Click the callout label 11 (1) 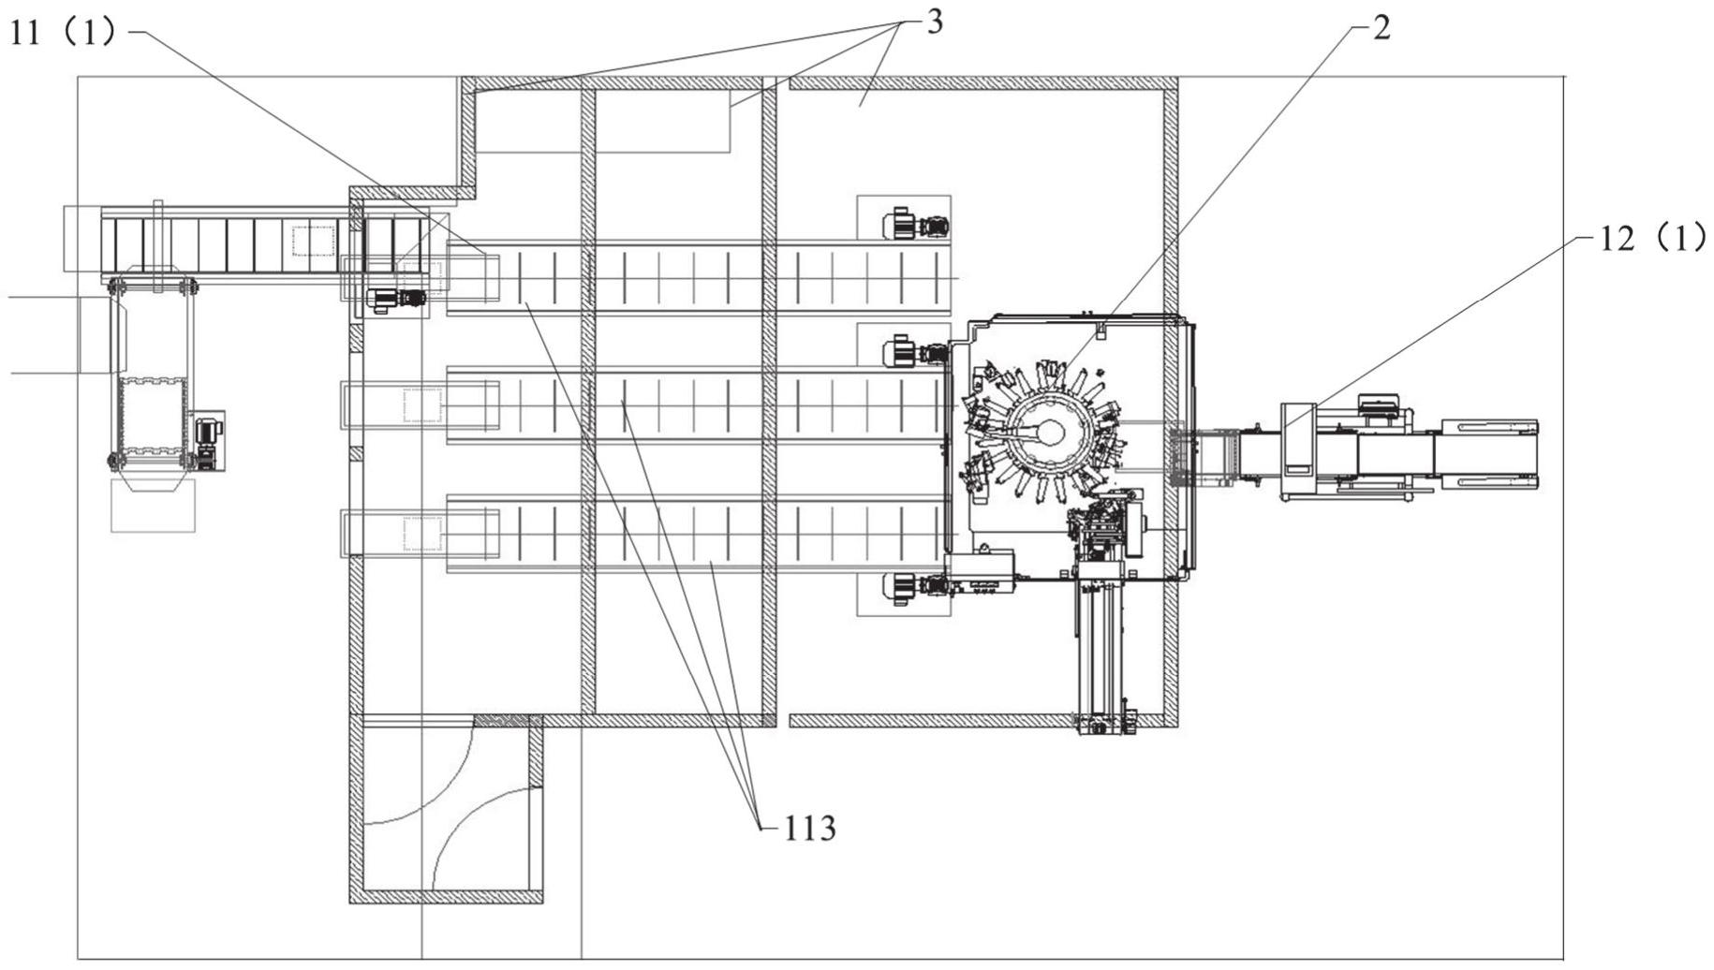pos(63,33)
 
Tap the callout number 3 pos(934,22)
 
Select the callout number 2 pos(1382,28)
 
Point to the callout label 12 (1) pos(1652,239)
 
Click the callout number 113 pos(809,828)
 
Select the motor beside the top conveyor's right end pos(915,225)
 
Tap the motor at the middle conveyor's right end pos(915,352)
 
